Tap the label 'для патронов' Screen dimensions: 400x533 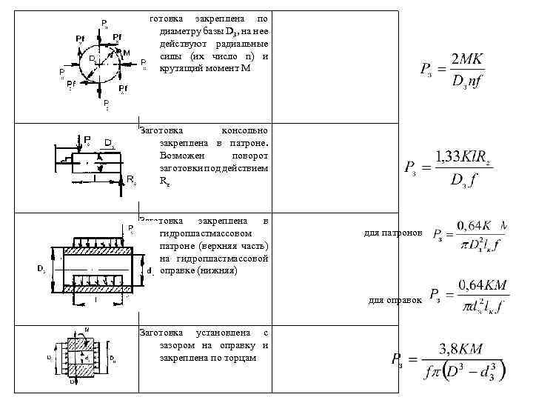395,233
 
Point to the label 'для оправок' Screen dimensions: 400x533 395,300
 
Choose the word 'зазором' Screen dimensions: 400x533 176,345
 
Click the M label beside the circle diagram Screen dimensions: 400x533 127,53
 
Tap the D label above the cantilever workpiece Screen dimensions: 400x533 108,141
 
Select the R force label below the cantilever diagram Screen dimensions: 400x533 131,179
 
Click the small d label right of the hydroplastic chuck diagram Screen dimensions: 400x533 150,270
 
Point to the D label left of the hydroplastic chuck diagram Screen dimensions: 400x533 41,268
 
